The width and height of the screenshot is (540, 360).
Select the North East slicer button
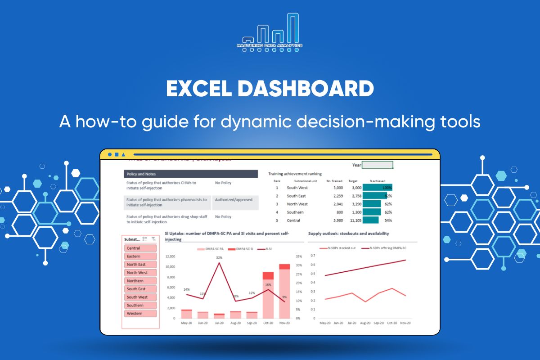pos(140,265)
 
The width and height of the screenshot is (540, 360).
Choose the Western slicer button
pos(140,314)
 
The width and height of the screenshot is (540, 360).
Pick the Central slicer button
pos(140,248)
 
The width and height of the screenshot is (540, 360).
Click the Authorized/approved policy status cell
pos(234,200)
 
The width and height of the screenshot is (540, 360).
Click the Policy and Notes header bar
pos(191,174)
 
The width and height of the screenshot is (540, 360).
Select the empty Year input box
pos(377,165)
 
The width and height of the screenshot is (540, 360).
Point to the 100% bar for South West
pos(377,188)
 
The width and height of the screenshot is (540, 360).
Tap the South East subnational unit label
pos(296,196)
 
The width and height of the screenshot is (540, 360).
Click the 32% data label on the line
pos(219,258)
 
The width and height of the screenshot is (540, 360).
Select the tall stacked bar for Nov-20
pos(284,292)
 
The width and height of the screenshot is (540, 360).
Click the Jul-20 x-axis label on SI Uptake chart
pos(219,323)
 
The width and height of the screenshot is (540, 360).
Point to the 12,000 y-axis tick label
pos(170,256)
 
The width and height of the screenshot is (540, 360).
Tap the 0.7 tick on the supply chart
pos(312,255)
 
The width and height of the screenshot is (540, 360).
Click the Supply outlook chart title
pos(348,234)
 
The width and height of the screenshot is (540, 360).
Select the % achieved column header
pos(377,181)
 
